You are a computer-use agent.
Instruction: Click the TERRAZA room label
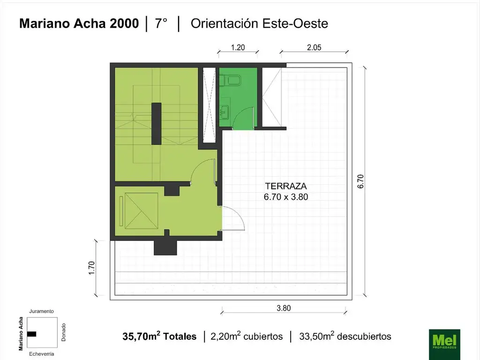pos(286,186)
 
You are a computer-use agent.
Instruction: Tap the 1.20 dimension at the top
pos(238,47)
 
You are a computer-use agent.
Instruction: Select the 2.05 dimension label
pos(314,47)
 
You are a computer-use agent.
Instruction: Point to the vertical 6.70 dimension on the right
pos(360,181)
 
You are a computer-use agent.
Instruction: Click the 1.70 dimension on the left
pos(91,268)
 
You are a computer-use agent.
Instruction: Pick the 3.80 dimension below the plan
pos(284,308)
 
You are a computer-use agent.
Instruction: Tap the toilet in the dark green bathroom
pos(230,80)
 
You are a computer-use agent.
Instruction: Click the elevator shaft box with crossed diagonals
pos(141,210)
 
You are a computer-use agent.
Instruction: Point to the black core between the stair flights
pos(157,124)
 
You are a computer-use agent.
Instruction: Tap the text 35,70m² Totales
pos(159,336)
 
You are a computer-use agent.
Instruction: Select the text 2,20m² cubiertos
pos(247,336)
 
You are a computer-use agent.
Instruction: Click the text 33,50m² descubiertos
pos(345,336)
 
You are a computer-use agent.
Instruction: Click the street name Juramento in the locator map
pos(41,311)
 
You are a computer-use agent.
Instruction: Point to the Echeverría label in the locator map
pos(42,354)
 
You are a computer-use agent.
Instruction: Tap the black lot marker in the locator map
pos(31,334)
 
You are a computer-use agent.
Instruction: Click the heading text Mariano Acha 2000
pos(79,23)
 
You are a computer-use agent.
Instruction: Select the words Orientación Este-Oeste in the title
pos(259,23)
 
